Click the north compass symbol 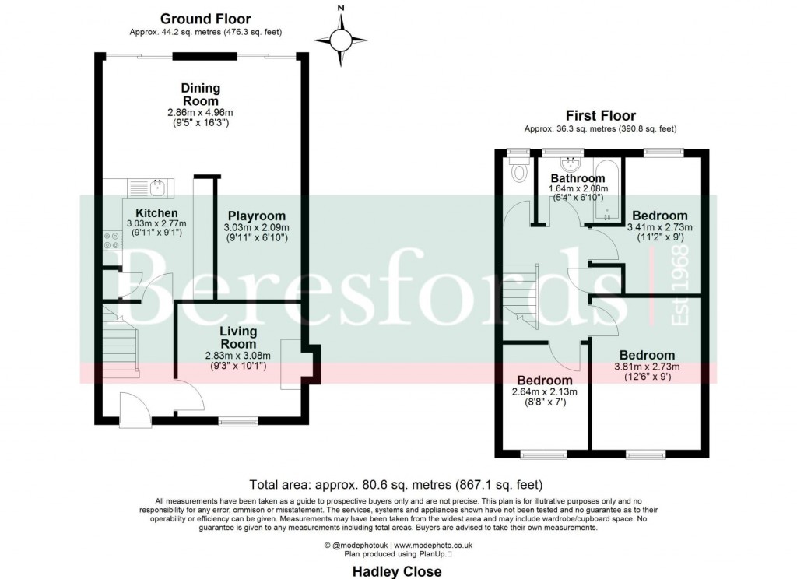point(340,38)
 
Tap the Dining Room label point(200,94)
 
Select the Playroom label point(256,216)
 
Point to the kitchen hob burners point(111,242)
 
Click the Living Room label point(237,337)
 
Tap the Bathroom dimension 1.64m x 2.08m point(578,189)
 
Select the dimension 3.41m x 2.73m point(659,227)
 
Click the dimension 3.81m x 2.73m point(642,367)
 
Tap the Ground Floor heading point(205,19)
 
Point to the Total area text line point(395,482)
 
